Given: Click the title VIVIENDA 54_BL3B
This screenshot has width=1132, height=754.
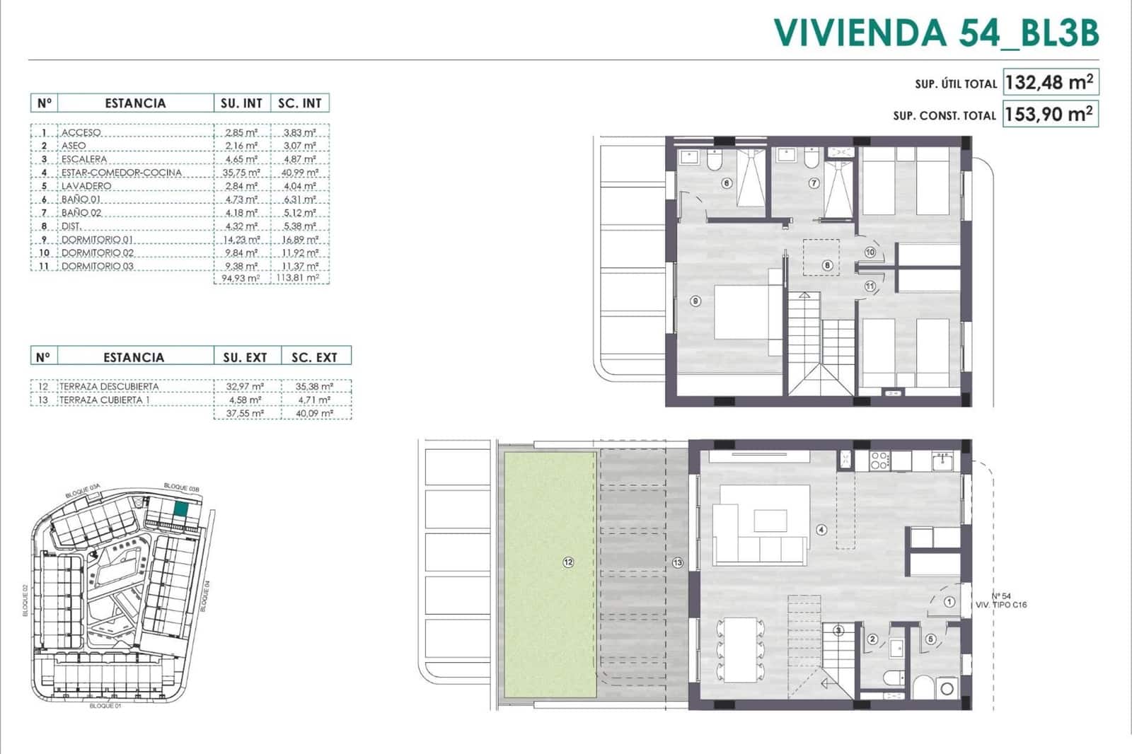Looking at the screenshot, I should pyautogui.click(x=936, y=33).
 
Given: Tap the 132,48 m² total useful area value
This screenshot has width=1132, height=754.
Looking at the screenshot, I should pyautogui.click(x=1049, y=82).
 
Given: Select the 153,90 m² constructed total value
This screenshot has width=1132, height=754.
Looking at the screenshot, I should pyautogui.click(x=1049, y=114).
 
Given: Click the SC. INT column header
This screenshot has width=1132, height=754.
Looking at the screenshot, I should pyautogui.click(x=299, y=103).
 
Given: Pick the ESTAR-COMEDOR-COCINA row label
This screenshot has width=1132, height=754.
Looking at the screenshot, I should pyautogui.click(x=121, y=173).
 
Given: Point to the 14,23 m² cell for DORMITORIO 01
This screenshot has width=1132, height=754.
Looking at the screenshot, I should pyautogui.click(x=241, y=240).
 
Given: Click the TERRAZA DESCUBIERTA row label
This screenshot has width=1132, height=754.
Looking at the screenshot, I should pyautogui.click(x=109, y=387).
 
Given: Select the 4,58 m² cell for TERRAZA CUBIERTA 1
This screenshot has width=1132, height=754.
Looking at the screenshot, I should pyautogui.click(x=245, y=400).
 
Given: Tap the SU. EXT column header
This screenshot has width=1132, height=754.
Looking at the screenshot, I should pyautogui.click(x=245, y=358).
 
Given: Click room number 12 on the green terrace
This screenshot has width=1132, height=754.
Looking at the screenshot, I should pyautogui.click(x=568, y=562).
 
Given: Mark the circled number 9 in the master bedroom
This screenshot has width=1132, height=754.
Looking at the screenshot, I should pyautogui.click(x=695, y=301).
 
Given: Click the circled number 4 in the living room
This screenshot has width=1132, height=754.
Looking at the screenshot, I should pyautogui.click(x=821, y=529).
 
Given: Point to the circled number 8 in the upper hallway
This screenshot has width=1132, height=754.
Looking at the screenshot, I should pyautogui.click(x=827, y=266).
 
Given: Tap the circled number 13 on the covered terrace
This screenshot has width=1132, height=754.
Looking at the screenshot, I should pyautogui.click(x=678, y=562).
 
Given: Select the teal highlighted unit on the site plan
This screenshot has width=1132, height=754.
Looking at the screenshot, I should pyautogui.click(x=181, y=509).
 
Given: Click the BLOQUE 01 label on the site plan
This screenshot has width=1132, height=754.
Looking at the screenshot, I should pyautogui.click(x=103, y=706).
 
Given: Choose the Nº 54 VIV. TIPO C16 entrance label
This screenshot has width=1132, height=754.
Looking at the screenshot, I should pyautogui.click(x=1000, y=601).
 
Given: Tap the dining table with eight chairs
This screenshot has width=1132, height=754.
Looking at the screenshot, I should pyautogui.click(x=740, y=650).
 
